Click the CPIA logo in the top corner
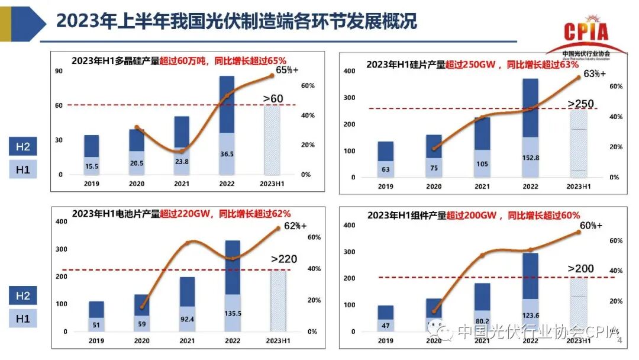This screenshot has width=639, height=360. (586, 36)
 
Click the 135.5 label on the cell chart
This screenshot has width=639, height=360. (233, 313)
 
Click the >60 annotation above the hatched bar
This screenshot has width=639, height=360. (273, 98)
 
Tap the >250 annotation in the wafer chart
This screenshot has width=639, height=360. (580, 104)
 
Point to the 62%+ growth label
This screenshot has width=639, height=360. (295, 226)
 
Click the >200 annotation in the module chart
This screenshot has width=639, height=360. (580, 269)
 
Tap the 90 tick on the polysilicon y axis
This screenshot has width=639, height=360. (59, 72)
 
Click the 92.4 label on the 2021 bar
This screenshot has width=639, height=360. (187, 317)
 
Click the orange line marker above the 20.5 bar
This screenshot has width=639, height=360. (137, 127)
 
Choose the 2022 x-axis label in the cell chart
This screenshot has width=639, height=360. (232, 340)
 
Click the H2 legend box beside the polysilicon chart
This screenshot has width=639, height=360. (22, 147)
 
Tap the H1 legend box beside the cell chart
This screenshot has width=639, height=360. (22, 319)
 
